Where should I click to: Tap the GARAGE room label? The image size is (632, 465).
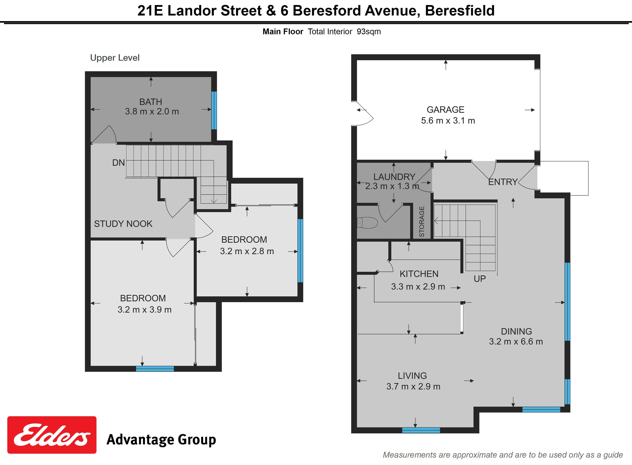point(445,109)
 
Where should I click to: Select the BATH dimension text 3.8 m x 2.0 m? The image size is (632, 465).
point(152,111)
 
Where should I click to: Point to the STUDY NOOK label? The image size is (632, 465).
point(123,224)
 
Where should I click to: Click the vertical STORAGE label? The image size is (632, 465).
point(421,221)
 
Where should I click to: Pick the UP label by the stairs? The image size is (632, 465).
point(480,279)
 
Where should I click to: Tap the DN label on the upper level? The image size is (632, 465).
point(118,163)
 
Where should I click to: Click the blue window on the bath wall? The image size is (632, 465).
point(214,110)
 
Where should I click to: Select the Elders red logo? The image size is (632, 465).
point(52,435)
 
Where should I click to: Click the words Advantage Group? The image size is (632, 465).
point(161,439)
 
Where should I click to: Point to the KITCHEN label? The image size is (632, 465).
point(419,274)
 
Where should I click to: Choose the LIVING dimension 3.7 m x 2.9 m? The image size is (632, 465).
point(413,387)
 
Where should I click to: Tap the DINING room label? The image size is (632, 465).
point(516,331)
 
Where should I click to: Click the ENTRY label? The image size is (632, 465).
point(503,182)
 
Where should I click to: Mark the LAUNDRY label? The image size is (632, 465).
point(394,177)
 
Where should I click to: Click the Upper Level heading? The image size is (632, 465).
point(115,58)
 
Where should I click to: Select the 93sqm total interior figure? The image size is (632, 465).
point(369,32)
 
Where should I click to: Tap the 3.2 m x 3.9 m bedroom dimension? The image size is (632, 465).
point(144,310)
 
